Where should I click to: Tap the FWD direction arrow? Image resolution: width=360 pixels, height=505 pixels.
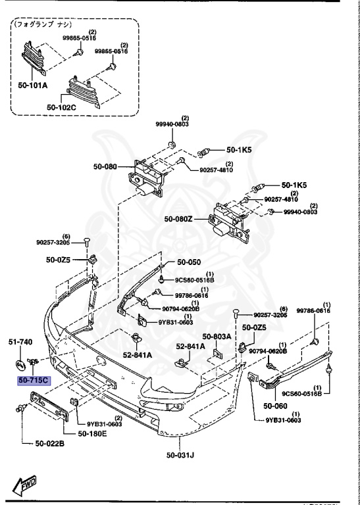point(25,486)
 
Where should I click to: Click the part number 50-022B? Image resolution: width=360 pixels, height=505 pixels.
point(49,444)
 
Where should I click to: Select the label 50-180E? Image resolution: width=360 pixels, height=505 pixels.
point(94,433)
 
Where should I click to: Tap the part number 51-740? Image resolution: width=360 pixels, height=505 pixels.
point(19,342)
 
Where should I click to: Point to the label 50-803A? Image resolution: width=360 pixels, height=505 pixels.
point(217,337)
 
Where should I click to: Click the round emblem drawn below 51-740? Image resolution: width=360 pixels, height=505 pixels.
point(21,364)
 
